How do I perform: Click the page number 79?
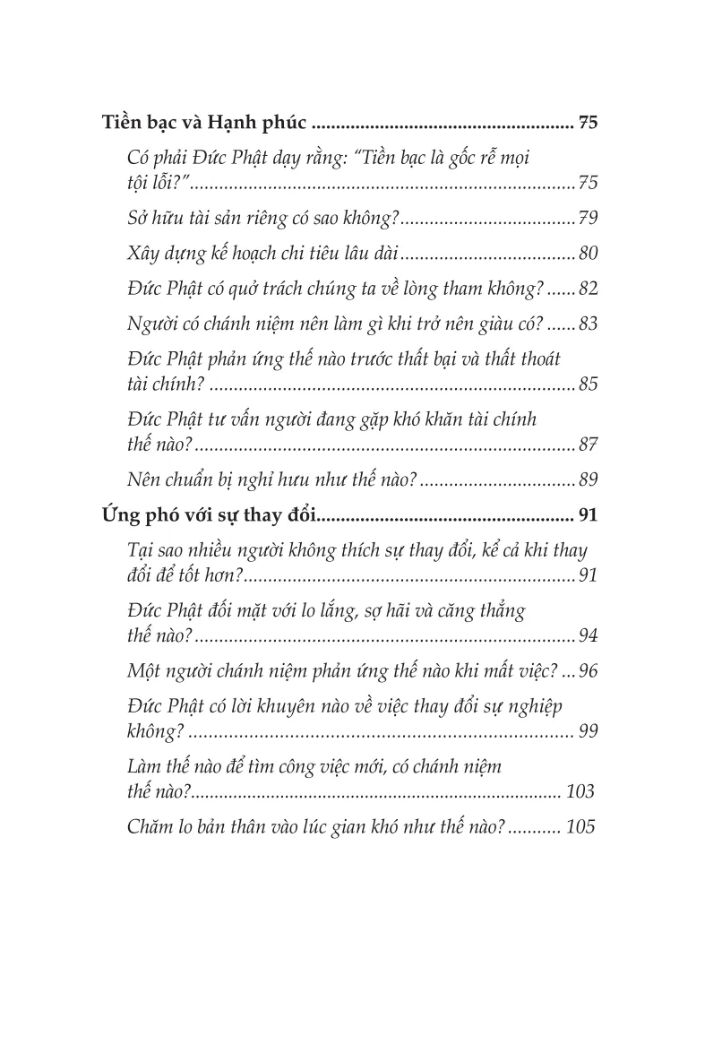588,219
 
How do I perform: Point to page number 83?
588,324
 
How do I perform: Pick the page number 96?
588,671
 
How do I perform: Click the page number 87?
588,445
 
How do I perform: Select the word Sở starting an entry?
139,219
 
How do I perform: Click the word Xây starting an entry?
145,254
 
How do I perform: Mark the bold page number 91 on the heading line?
588,514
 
